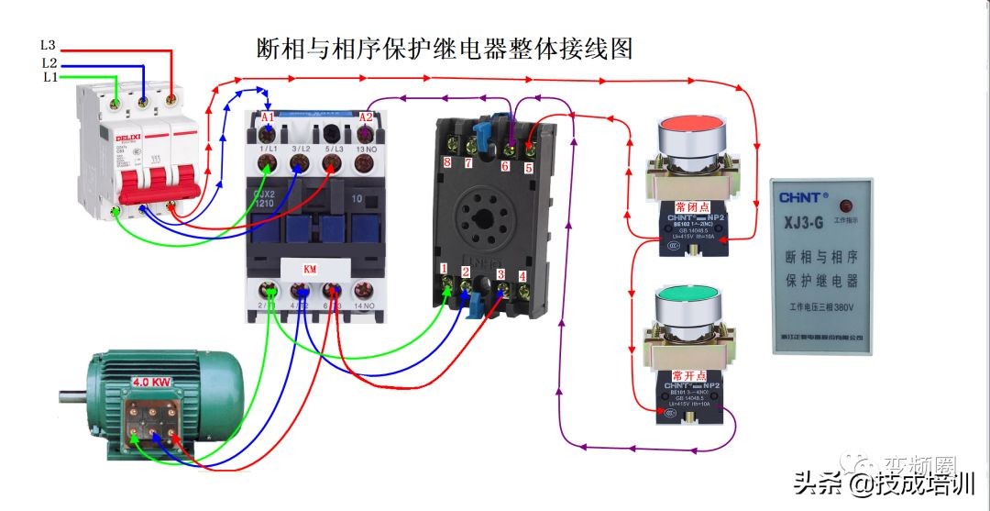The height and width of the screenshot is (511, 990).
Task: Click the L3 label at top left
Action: click(x=48, y=44)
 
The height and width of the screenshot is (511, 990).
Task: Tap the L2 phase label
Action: click(x=49, y=62)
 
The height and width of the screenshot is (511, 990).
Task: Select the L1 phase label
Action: click(x=49, y=78)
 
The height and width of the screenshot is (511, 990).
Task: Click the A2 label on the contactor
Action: click(x=366, y=117)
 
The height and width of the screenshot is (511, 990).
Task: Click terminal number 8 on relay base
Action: click(x=447, y=162)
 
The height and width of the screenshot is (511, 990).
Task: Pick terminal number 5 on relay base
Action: click(x=528, y=168)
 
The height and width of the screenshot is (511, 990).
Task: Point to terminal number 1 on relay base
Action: click(x=445, y=269)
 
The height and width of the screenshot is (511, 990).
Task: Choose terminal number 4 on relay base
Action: click(x=522, y=275)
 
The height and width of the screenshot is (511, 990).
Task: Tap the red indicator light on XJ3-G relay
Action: click(x=843, y=204)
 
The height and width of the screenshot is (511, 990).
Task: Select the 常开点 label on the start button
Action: click(x=689, y=375)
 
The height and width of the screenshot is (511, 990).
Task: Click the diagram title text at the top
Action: click(x=445, y=48)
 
